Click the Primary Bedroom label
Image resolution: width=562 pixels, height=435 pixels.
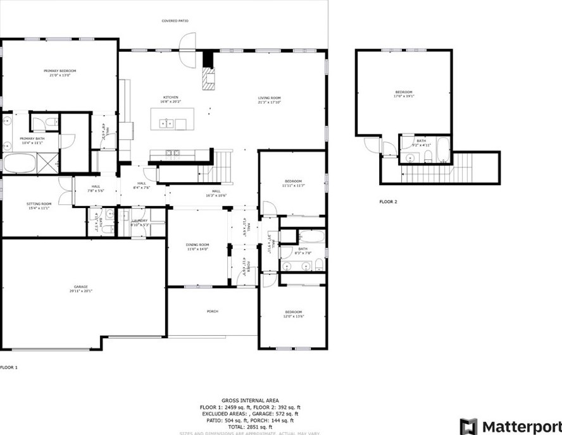(59, 71)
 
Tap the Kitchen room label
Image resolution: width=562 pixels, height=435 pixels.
(170, 97)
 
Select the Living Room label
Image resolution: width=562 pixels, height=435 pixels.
(269, 98)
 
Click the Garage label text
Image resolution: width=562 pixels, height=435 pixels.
(80, 286)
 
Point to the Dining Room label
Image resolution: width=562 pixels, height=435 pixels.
(197, 245)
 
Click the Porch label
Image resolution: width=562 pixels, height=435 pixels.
(213, 311)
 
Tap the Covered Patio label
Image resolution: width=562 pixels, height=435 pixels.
(175, 21)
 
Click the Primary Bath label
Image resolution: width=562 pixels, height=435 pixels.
(31, 138)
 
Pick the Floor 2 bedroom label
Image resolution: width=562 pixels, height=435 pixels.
(404, 92)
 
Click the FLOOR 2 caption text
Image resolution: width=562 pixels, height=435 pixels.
(388, 202)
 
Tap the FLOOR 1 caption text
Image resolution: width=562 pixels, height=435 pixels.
(9, 367)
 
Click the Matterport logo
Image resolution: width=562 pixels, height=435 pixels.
(510, 426)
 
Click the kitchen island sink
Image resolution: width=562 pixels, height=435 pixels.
(166, 123)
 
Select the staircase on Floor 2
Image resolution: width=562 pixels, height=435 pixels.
(443, 167)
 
